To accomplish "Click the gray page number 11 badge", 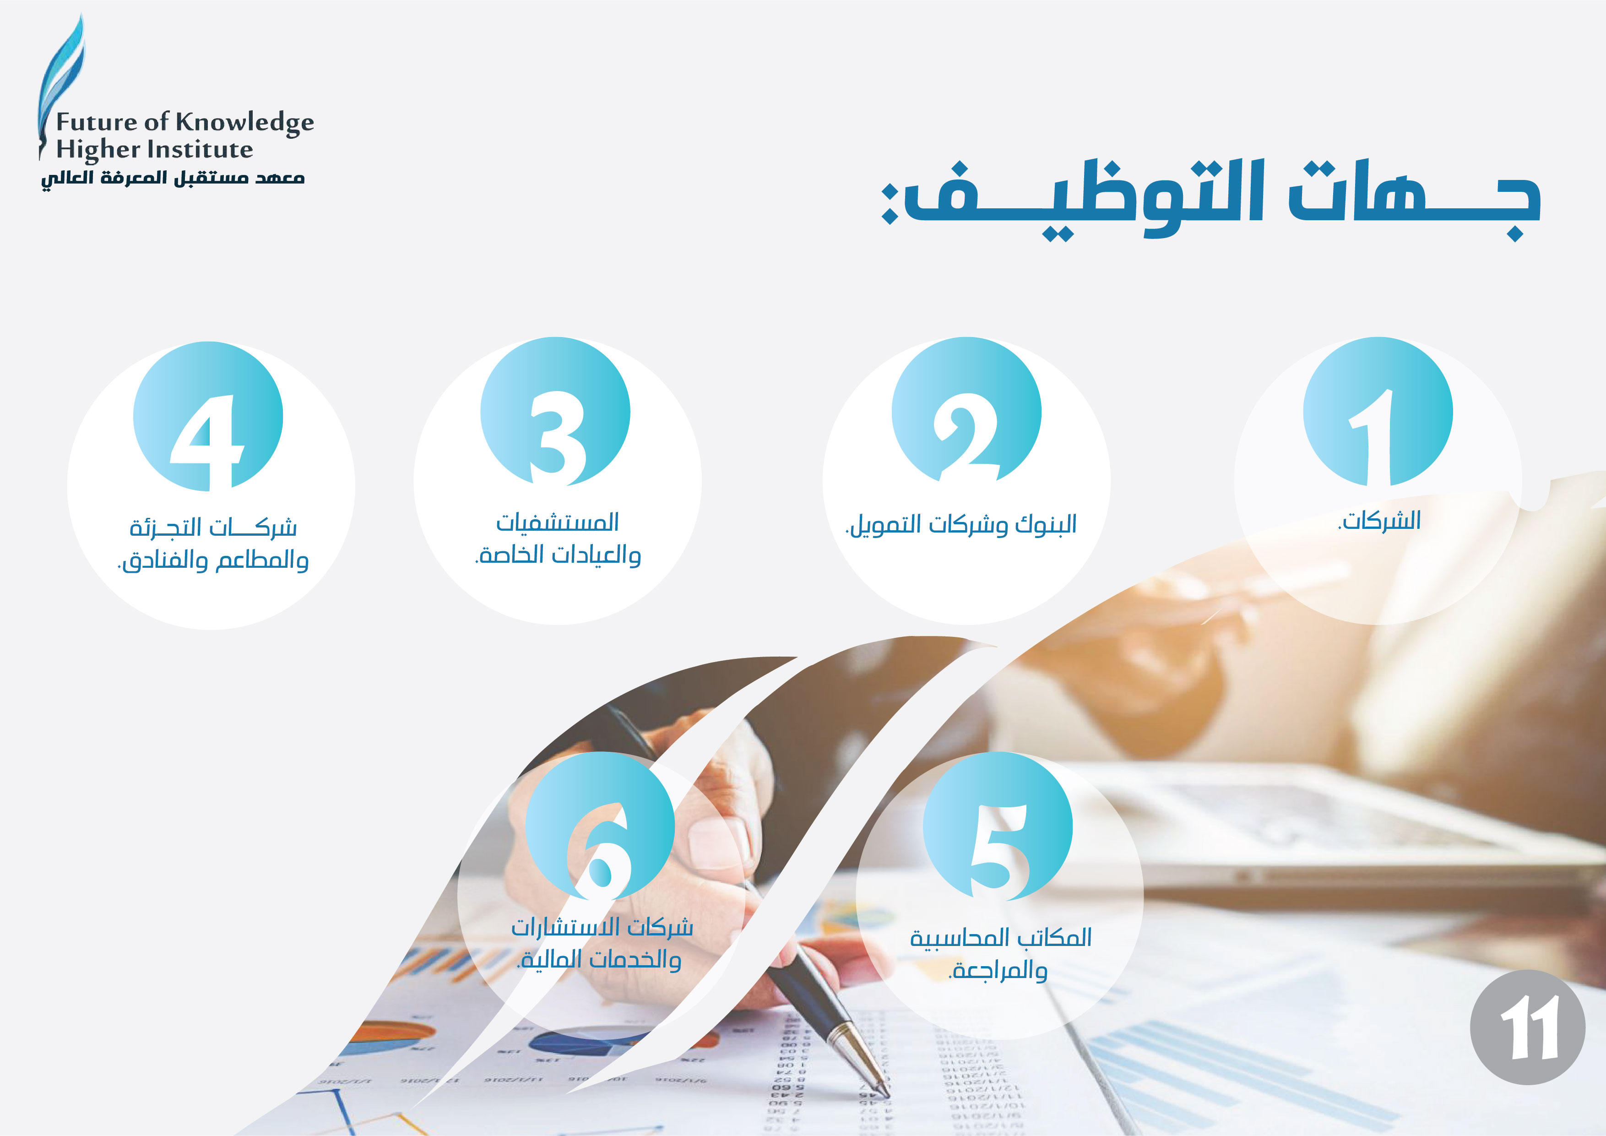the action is (1528, 1027).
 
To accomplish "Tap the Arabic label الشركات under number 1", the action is (1379, 521).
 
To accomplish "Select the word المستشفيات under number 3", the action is (558, 522).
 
